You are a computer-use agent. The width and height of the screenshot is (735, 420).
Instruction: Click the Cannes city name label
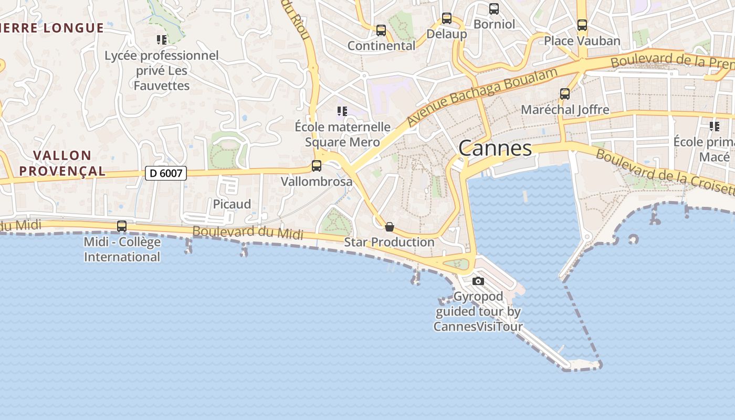[x=495, y=148]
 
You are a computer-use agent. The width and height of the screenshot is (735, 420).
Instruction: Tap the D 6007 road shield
[x=166, y=173]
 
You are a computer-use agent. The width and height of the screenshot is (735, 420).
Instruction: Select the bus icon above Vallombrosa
[x=317, y=166]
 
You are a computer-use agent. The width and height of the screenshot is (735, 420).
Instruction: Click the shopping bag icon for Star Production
[x=390, y=227]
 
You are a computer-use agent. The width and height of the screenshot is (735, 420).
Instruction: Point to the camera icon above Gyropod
[x=478, y=281]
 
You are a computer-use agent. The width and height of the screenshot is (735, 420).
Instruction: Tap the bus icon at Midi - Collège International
[x=122, y=226]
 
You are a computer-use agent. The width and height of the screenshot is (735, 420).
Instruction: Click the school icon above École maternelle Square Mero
[x=342, y=111]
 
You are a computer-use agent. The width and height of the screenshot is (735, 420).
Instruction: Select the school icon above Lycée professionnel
[x=162, y=39]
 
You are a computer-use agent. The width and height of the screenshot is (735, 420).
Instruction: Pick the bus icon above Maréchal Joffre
[x=565, y=94]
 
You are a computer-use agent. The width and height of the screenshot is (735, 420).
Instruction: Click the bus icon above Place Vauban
[x=582, y=25]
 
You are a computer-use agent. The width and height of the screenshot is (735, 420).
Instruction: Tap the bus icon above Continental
[x=381, y=30]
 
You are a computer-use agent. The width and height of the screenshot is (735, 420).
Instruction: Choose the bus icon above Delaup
[x=446, y=18]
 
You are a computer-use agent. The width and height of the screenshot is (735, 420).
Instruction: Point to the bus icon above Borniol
[x=494, y=9]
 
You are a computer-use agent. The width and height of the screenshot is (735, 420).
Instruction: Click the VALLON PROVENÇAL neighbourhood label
[x=70, y=163]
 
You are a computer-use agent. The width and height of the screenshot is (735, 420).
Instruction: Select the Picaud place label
[x=232, y=204]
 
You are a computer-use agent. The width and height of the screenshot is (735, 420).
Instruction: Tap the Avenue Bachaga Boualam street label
[x=481, y=96]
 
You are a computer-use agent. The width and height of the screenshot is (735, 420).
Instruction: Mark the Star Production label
[x=390, y=242]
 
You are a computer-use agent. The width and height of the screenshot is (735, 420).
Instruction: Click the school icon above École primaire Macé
[x=714, y=127]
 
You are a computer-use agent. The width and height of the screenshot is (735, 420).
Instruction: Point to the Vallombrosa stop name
[x=317, y=182]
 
